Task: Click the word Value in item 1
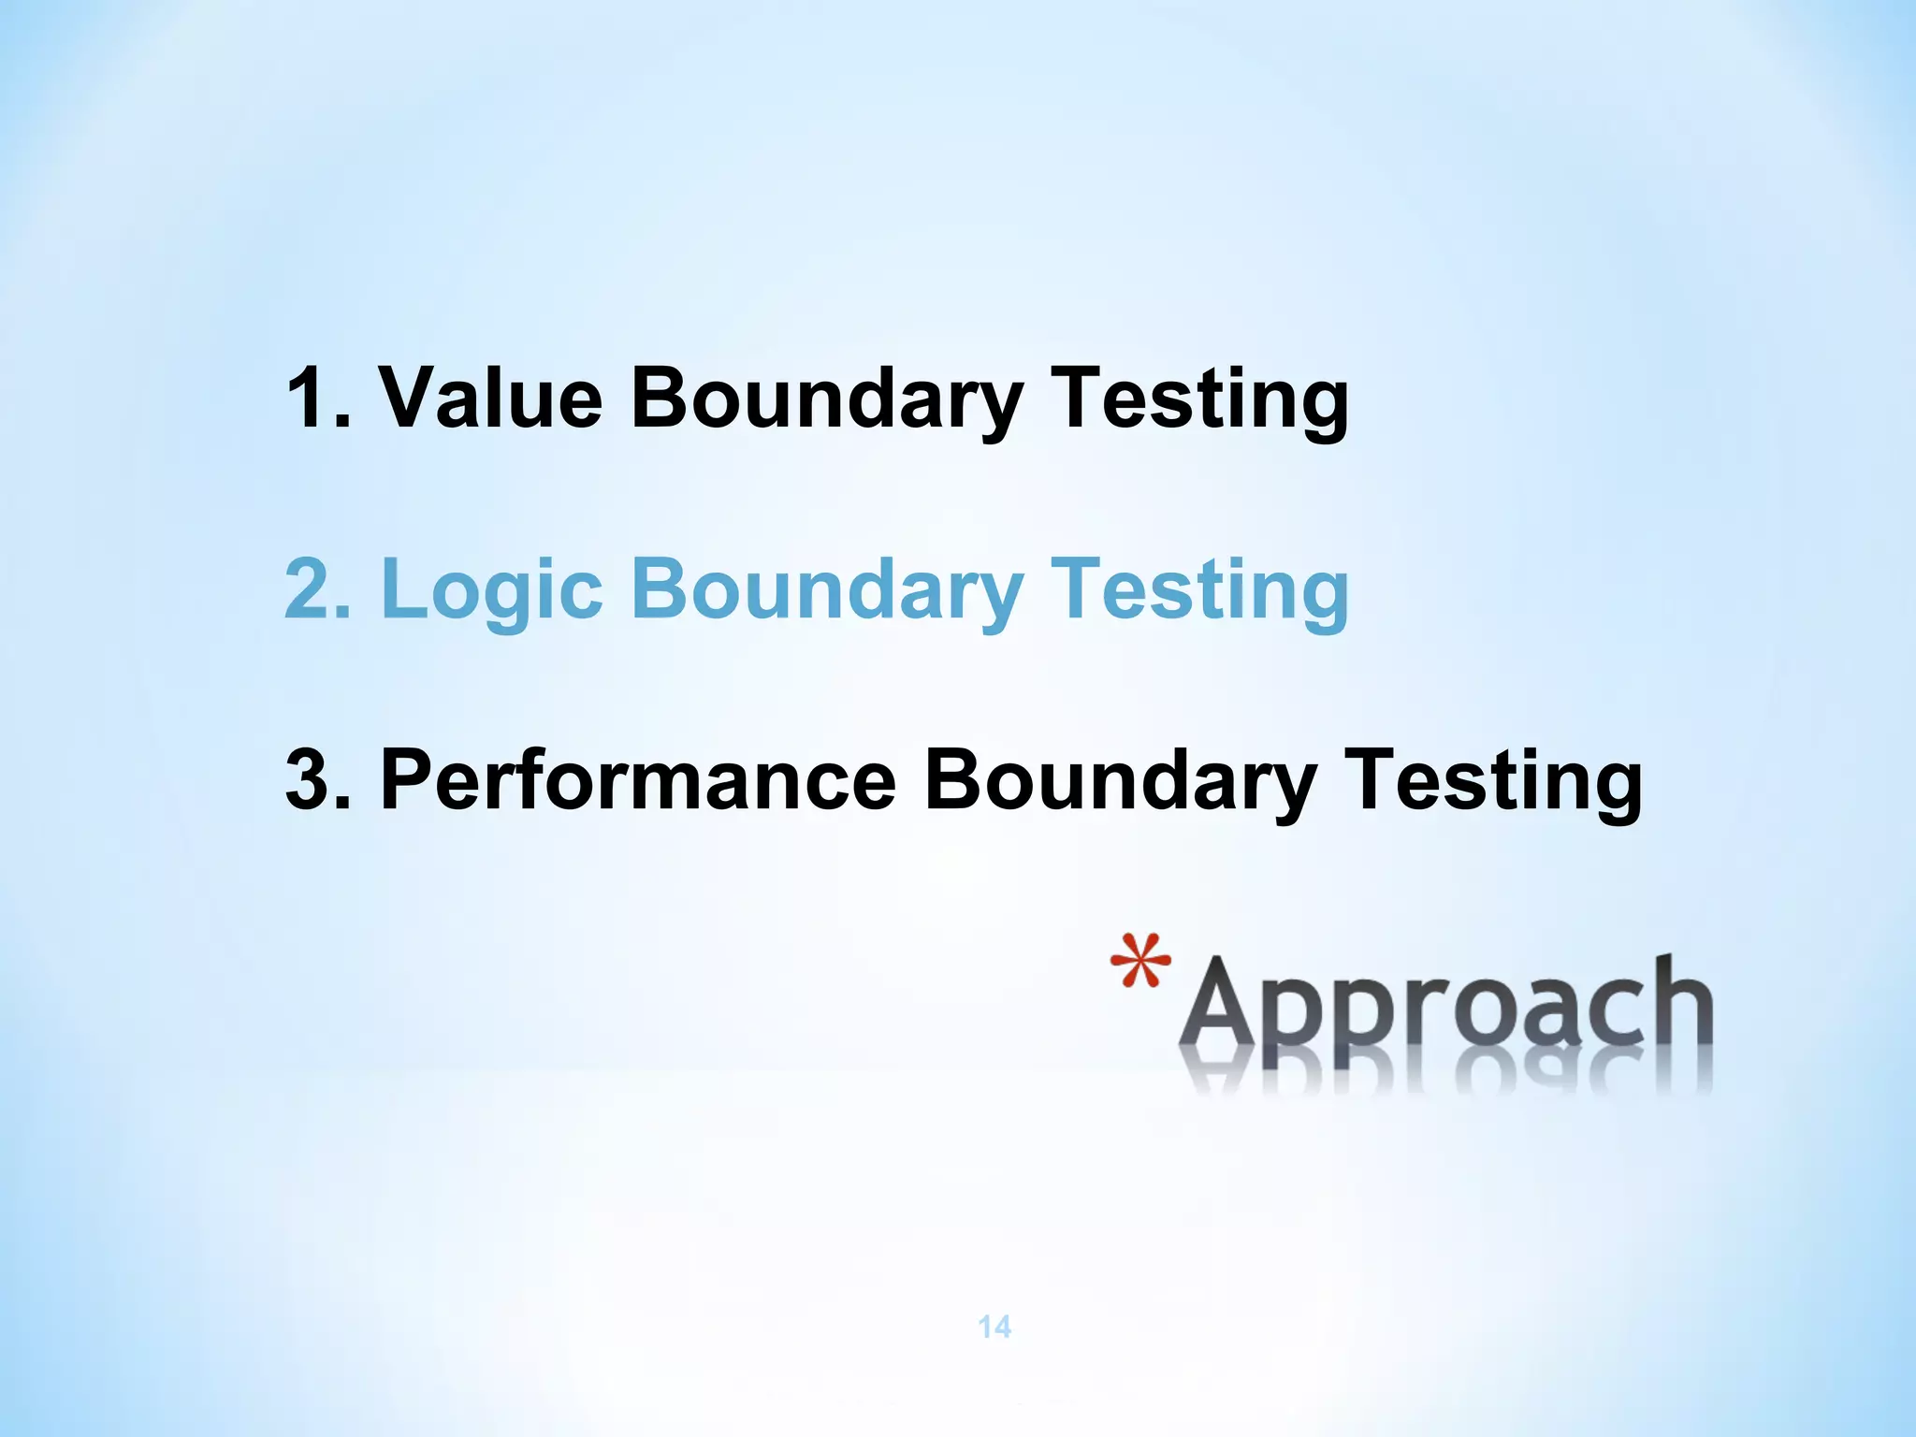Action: click(x=490, y=398)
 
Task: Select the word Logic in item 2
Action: click(x=490, y=589)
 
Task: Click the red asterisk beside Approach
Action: click(x=1139, y=962)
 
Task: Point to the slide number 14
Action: click(x=994, y=1327)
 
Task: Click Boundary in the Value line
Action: click(x=827, y=398)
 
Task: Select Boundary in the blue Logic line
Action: click(x=827, y=589)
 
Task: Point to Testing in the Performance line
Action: click(x=1493, y=780)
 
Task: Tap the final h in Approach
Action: click(x=1681, y=1006)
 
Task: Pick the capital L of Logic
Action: click(x=402, y=589)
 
